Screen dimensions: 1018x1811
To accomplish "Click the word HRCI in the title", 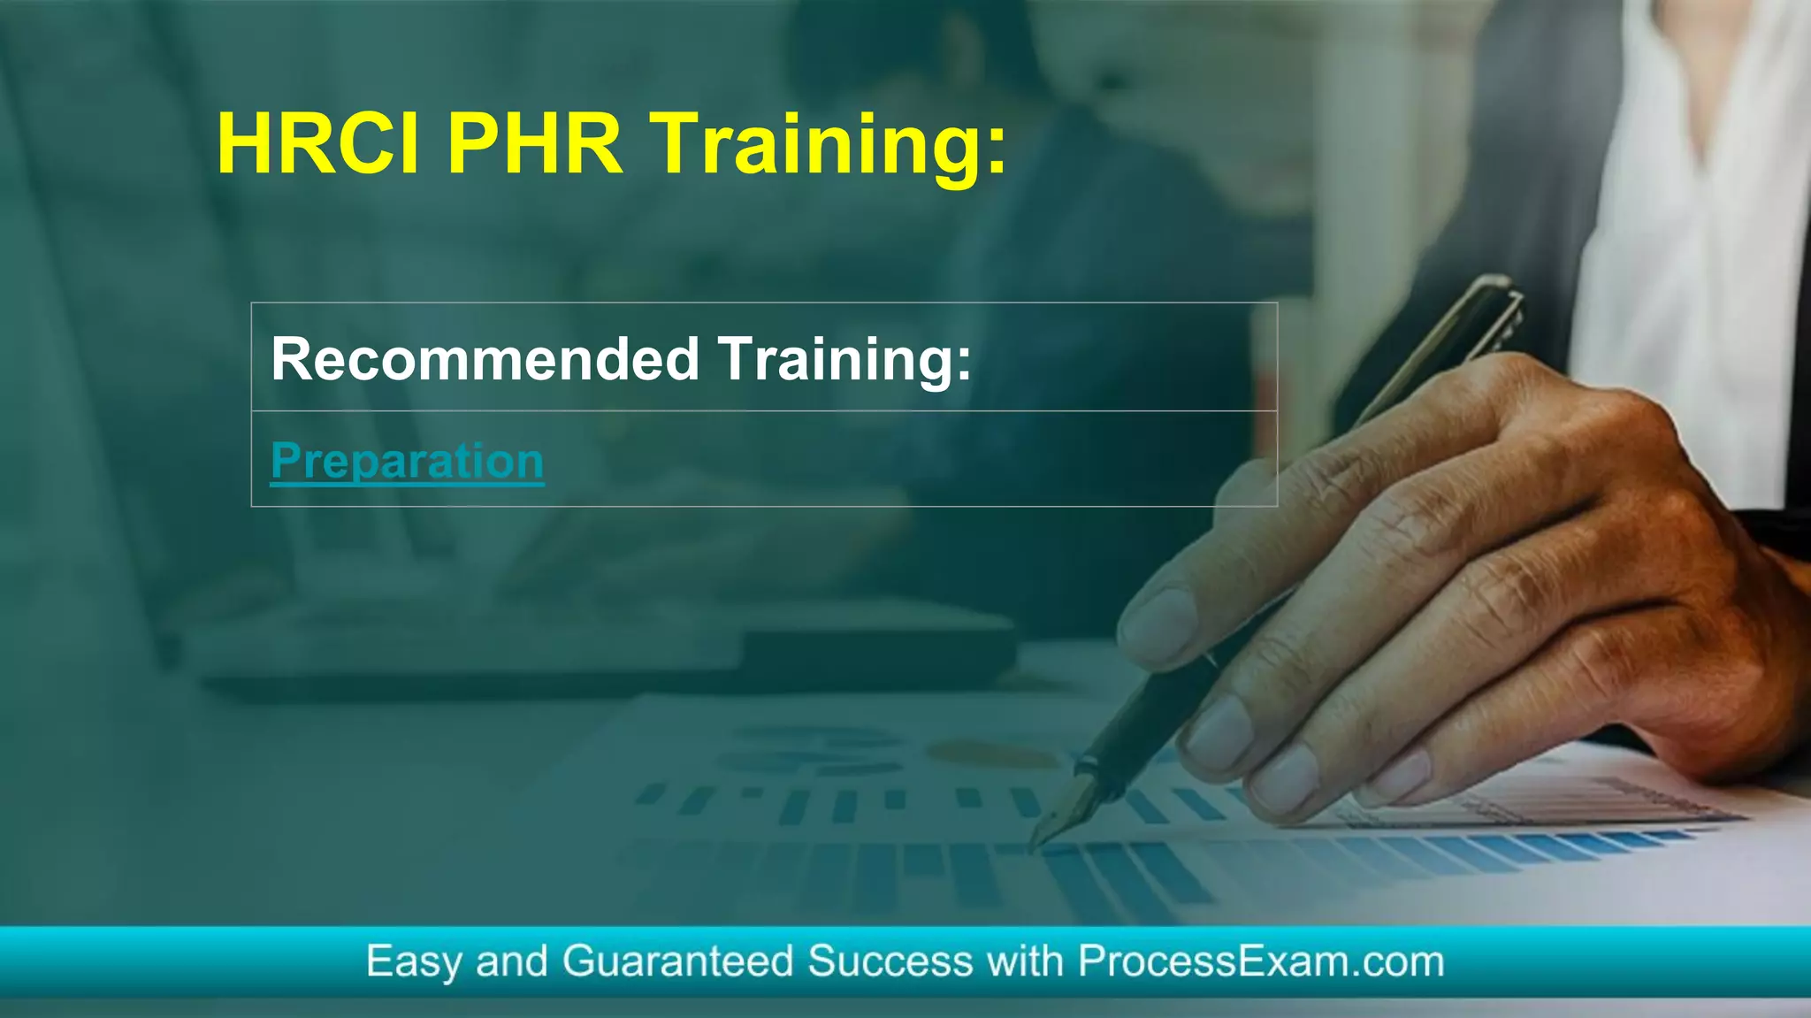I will [318, 143].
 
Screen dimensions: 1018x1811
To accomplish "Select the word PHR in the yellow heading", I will [535, 143].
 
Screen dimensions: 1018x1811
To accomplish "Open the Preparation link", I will [407, 461].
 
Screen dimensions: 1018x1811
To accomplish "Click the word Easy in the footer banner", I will [412, 961].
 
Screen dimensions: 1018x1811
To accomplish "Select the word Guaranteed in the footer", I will [677, 961].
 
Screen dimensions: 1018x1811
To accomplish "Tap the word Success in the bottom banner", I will [890, 961].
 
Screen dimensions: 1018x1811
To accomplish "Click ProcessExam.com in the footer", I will [1261, 961].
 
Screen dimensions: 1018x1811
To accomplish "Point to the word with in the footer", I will [1025, 961].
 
